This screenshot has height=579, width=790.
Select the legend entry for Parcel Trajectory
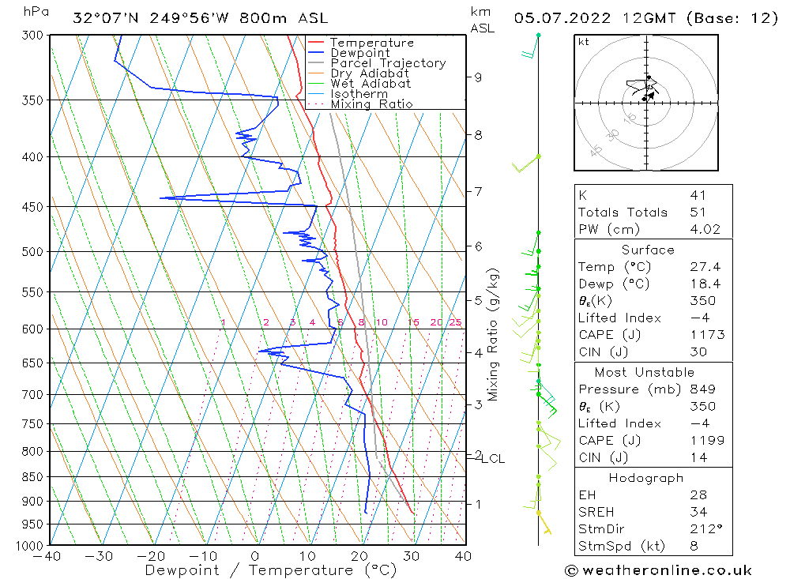pyautogui.click(x=388, y=63)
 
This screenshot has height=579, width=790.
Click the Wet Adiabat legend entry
pyautogui.click(x=371, y=84)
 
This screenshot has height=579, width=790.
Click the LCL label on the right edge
pyautogui.click(x=493, y=459)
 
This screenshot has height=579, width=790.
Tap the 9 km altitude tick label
pyautogui.click(x=479, y=77)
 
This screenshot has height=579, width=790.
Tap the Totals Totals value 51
pyautogui.click(x=698, y=212)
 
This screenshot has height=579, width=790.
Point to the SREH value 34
pyautogui.click(x=698, y=512)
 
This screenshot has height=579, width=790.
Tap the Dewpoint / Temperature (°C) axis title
pyautogui.click(x=271, y=570)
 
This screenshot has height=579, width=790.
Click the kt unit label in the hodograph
pyautogui.click(x=584, y=43)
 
